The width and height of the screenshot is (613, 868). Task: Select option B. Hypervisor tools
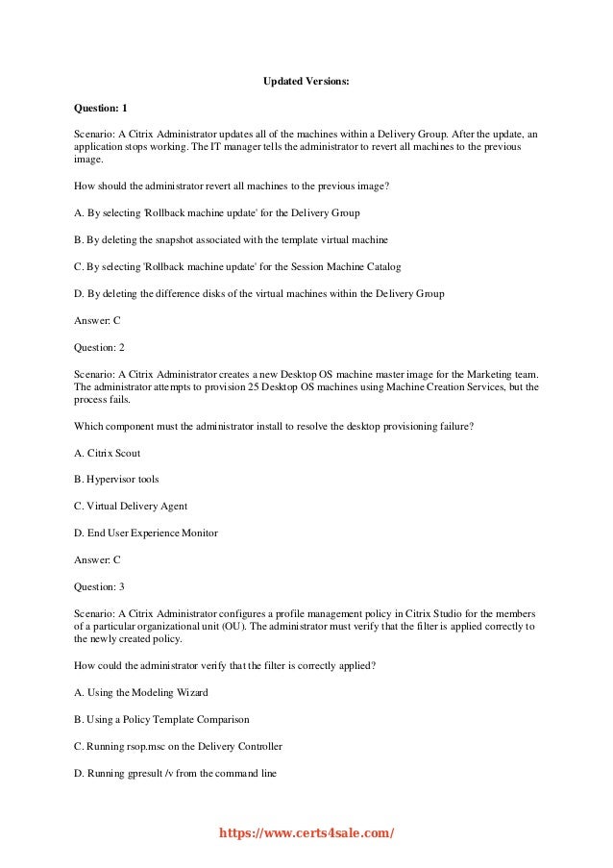(116, 478)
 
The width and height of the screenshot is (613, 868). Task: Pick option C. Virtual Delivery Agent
(131, 505)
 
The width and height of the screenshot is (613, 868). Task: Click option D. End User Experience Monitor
(146, 532)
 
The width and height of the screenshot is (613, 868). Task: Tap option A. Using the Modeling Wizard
(140, 691)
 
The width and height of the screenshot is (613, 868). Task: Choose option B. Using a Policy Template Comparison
(161, 718)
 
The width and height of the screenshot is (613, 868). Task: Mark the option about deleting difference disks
(258, 292)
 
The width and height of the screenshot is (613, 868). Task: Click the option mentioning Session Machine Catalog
(237, 265)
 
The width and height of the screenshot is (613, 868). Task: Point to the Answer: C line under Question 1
(97, 319)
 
